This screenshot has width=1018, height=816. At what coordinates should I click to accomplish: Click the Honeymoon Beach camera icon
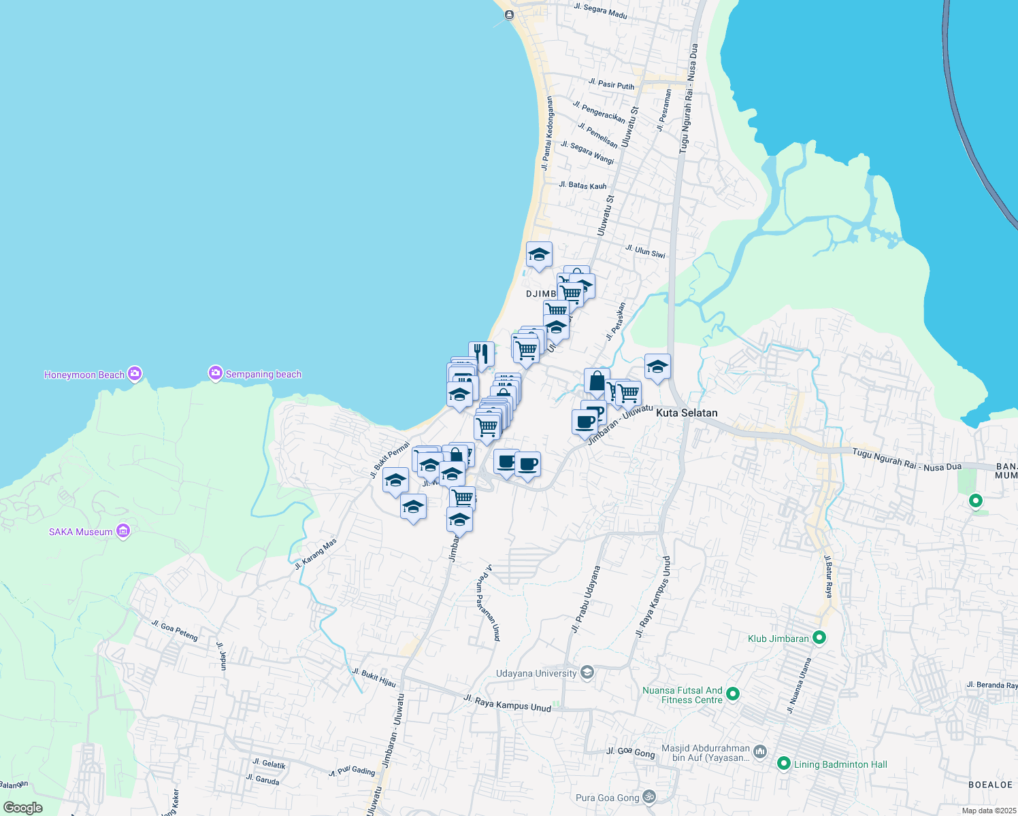click(135, 373)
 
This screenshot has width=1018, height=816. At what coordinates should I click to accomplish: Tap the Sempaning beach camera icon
click(216, 373)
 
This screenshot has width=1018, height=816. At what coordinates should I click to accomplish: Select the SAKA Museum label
click(80, 532)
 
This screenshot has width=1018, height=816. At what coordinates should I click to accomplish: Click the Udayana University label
click(536, 673)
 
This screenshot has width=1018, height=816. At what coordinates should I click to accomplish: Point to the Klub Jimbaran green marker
click(819, 638)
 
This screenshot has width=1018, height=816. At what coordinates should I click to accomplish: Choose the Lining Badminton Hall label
click(840, 764)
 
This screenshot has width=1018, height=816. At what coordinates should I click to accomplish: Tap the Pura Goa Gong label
click(608, 798)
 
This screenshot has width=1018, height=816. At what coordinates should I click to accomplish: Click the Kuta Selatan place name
click(687, 413)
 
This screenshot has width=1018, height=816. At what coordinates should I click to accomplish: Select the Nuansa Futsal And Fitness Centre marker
click(733, 694)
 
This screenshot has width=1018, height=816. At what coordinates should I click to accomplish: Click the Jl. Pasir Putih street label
click(611, 84)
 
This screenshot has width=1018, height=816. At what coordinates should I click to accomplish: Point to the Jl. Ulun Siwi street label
click(645, 252)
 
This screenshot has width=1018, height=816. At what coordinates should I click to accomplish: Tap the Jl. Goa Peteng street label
click(174, 630)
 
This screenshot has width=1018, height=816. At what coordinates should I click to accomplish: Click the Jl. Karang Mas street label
click(316, 554)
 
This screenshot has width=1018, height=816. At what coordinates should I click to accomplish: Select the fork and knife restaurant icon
click(481, 354)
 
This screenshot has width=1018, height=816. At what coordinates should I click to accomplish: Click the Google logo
click(22, 808)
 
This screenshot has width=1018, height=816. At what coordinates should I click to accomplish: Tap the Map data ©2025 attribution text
click(989, 811)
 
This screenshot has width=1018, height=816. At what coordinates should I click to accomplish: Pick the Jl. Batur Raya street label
click(828, 577)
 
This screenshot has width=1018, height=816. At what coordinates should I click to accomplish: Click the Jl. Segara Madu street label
click(600, 11)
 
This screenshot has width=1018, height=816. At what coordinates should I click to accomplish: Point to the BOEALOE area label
click(990, 785)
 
